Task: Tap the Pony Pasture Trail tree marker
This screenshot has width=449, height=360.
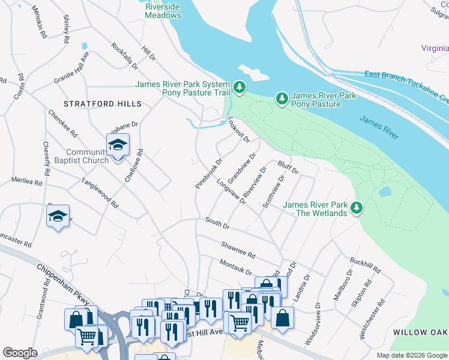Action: [x=240, y=88]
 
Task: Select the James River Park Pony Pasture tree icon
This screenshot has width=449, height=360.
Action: [x=281, y=97]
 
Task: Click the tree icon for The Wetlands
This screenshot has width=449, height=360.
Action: [x=357, y=208]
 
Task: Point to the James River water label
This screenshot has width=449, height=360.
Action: [x=379, y=128]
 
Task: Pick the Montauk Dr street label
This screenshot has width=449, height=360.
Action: [x=235, y=267]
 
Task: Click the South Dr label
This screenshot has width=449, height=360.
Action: [x=217, y=223]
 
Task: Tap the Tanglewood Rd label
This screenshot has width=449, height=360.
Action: [x=100, y=193]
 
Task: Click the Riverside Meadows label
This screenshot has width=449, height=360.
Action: [x=163, y=11]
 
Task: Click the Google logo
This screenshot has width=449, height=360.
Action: [x=20, y=353]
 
